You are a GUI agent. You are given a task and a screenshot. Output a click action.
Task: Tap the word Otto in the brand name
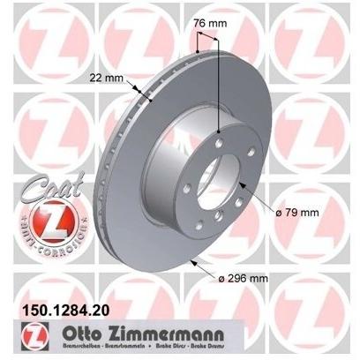(89, 331)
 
